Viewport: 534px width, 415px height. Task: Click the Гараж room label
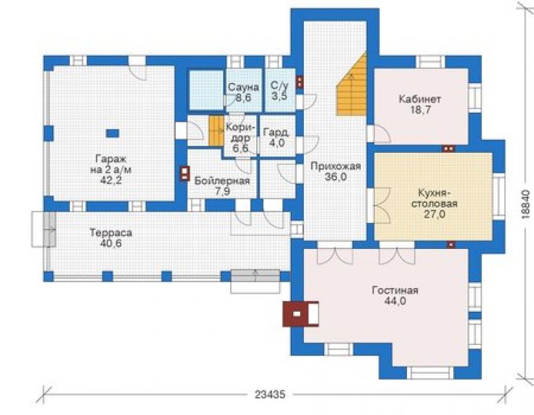(111, 170)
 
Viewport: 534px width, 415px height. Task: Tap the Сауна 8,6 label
(243, 92)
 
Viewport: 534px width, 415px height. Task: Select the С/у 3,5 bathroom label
(279, 90)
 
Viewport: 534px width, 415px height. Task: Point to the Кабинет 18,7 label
(419, 104)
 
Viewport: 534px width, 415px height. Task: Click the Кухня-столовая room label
(434, 204)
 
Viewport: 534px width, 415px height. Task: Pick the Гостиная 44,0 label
(395, 295)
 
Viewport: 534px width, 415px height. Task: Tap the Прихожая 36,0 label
(336, 171)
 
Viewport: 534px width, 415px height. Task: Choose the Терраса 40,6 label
(110, 238)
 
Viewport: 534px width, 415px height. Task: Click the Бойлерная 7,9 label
(222, 185)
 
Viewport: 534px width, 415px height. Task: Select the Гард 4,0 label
(276, 137)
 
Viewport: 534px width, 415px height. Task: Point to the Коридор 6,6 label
(240, 138)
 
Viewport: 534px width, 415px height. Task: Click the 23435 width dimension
(270, 394)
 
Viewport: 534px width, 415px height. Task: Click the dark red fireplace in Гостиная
(301, 314)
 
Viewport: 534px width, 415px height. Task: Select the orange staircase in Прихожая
(351, 84)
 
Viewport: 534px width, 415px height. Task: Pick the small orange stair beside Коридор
(216, 131)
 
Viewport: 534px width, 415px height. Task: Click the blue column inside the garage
(113, 134)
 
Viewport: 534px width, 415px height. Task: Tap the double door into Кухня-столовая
(382, 206)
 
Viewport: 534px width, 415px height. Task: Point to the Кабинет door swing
(382, 134)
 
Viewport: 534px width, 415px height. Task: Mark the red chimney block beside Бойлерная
(184, 173)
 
